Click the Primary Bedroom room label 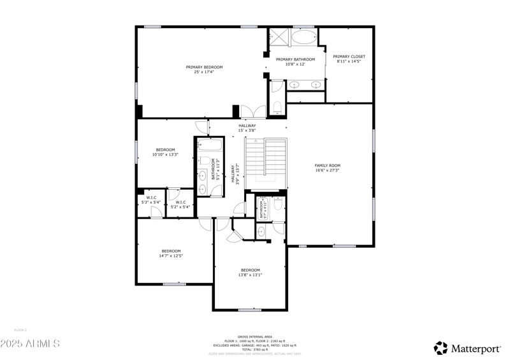click(204, 69)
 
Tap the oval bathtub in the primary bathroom click(303, 38)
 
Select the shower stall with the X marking click(277, 37)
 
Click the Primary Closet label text click(349, 59)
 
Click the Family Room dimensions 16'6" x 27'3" click(327, 170)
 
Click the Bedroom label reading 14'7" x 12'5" click(171, 253)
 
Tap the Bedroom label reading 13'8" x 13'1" click(250, 272)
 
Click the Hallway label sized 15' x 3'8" click(247, 128)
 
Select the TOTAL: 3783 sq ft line click(254, 349)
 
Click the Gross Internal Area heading click(254, 336)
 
